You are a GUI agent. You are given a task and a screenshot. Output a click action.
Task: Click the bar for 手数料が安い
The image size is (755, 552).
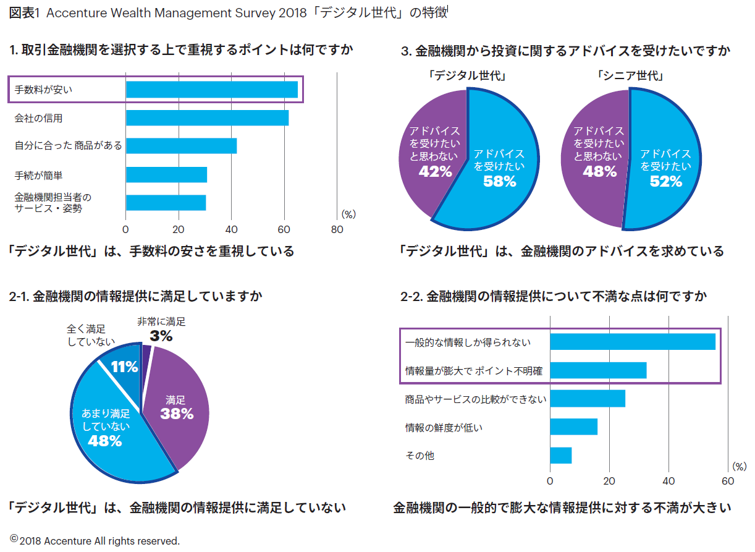[211, 90]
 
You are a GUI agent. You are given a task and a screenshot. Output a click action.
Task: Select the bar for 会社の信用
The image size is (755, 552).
[207, 118]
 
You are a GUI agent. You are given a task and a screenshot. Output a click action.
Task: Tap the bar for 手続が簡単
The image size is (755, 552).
[166, 175]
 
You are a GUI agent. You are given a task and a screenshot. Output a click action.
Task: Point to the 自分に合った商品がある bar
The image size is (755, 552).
[181, 146]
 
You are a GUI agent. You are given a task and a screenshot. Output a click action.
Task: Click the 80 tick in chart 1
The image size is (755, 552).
[337, 229]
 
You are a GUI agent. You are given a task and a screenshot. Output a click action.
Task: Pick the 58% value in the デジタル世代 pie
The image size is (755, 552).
[500, 181]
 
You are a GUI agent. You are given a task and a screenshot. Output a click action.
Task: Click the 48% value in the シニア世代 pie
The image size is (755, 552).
[599, 172]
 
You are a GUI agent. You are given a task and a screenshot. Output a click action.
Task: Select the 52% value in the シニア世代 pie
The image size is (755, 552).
[665, 181]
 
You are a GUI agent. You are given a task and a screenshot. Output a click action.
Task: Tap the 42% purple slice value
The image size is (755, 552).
[435, 172]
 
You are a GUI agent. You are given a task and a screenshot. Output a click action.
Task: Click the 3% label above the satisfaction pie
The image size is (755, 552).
[161, 336]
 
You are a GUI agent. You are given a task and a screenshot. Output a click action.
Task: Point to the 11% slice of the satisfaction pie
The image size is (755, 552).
[124, 367]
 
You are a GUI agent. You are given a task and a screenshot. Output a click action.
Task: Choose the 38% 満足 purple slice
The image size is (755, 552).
[176, 414]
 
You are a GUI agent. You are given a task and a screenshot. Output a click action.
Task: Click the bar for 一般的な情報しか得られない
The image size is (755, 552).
[632, 342]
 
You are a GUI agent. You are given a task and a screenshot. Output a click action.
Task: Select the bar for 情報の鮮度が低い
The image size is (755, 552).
[573, 427]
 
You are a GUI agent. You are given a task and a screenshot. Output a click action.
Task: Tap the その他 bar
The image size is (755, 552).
[560, 456]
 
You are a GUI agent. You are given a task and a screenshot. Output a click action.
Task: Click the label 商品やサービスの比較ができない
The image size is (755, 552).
[475, 399]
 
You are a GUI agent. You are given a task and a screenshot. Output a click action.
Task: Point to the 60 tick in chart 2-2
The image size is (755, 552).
[728, 481]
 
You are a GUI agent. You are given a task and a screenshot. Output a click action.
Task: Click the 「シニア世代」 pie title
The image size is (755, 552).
[630, 77]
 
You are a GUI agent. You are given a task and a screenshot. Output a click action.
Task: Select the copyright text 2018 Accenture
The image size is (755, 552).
[99, 541]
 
